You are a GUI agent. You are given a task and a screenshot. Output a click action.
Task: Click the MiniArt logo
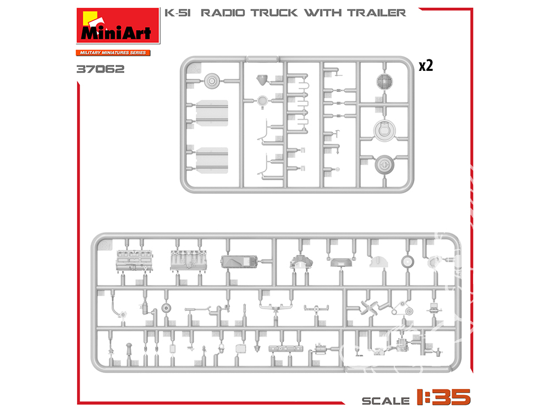tap(118, 26)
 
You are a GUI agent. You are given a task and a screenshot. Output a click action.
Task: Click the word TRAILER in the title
tap(377, 13)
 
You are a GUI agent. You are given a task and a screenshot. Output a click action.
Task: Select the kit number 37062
tap(100, 69)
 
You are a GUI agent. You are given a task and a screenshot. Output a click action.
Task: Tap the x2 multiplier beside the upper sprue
tap(426, 65)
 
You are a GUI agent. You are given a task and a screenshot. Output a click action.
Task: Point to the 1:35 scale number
tap(444, 397)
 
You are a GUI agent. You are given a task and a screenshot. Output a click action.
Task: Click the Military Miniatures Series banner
tap(113, 53)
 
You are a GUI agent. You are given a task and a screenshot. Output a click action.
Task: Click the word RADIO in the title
tap(223, 13)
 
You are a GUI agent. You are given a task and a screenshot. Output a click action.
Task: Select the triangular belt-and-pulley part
tap(403, 308)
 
